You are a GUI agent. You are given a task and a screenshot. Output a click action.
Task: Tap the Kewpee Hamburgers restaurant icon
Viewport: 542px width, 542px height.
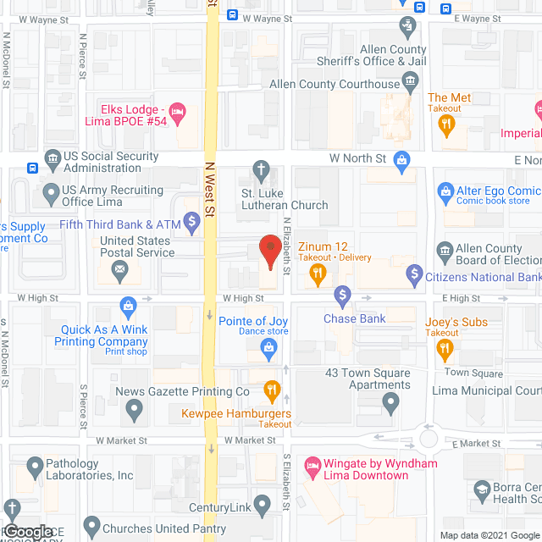(x=272, y=390)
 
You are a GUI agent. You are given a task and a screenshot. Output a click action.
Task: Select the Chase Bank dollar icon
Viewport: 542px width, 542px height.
(x=342, y=296)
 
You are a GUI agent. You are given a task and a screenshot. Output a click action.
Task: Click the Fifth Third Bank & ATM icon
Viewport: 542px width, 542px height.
(x=192, y=224)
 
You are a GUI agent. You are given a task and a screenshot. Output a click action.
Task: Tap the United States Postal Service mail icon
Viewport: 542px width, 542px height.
(x=119, y=272)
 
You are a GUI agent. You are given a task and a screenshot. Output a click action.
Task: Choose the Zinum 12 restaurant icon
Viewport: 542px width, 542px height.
(x=318, y=273)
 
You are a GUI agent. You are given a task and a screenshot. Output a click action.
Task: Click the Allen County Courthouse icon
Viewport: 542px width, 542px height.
(x=411, y=83)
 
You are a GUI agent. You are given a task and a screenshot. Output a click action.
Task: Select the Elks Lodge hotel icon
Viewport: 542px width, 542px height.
(x=177, y=111)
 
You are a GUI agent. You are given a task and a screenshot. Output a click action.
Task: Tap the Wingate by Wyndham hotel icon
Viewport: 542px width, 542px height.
(x=312, y=463)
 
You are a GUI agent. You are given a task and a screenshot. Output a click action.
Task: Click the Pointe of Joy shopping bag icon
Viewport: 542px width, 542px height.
(x=268, y=346)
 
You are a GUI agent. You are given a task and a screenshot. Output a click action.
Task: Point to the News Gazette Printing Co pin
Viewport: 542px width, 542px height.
(x=134, y=411)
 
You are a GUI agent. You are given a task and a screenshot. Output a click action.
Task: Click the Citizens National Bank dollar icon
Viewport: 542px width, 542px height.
(x=414, y=274)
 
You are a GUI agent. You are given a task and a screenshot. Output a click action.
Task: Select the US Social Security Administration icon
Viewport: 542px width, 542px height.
(x=53, y=158)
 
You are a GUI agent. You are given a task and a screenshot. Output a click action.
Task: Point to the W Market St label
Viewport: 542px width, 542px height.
(x=121, y=440)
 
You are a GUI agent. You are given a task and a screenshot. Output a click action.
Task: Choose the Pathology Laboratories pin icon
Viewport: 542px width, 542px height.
(x=35, y=466)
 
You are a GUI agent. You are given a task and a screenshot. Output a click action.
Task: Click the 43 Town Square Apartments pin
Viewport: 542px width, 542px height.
(x=390, y=405)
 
